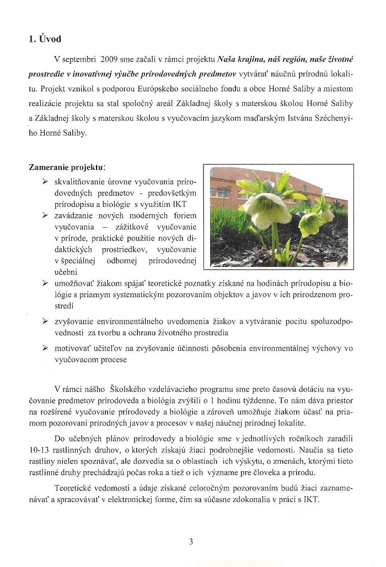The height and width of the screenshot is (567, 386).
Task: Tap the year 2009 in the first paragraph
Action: [103, 59]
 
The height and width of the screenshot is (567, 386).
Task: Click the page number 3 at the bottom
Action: [191, 541]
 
